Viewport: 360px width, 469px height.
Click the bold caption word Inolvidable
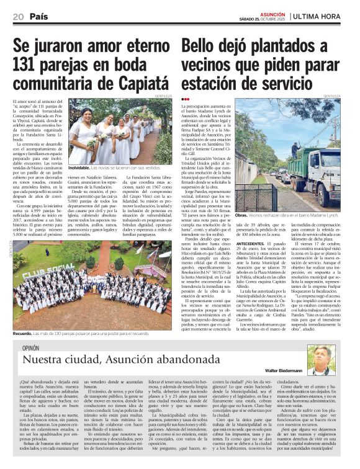pos(80,167)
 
